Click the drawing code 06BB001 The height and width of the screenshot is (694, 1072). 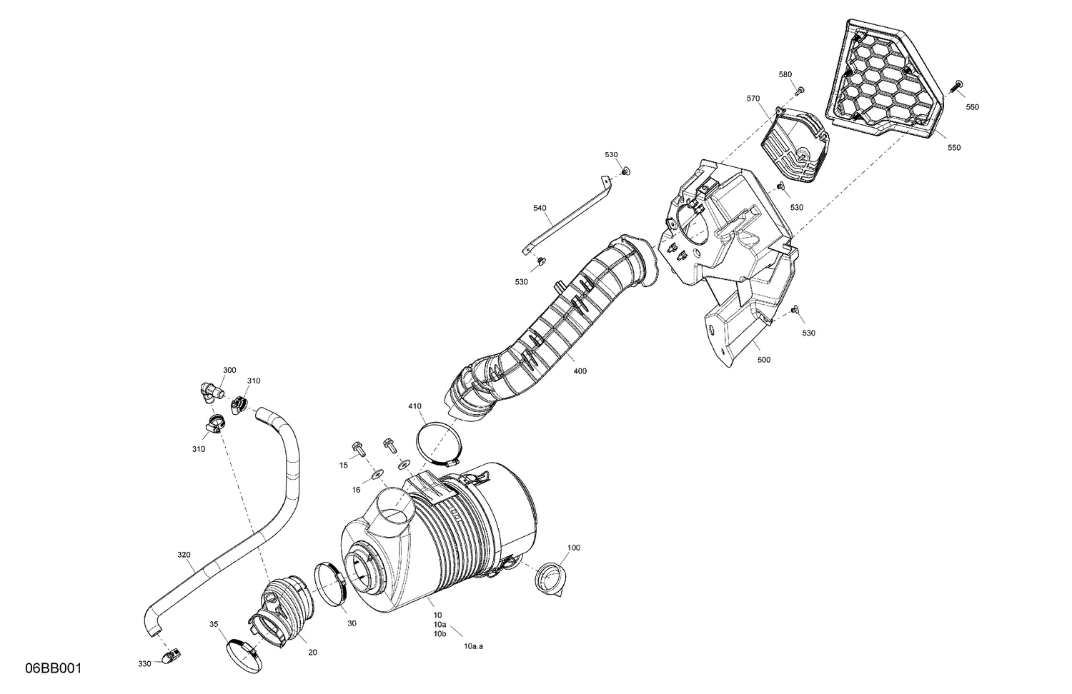point(54,669)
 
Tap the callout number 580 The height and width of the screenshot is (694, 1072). point(785,74)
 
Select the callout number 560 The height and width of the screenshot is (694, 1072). point(972,107)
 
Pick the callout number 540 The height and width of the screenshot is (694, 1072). point(540,208)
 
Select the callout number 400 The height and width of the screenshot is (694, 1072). point(580,371)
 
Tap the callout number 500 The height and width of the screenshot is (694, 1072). point(763,360)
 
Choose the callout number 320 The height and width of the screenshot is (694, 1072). point(184,554)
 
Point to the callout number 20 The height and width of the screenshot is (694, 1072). point(312,652)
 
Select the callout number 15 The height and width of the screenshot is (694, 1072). point(343,465)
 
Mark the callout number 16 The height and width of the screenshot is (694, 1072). point(355,490)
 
